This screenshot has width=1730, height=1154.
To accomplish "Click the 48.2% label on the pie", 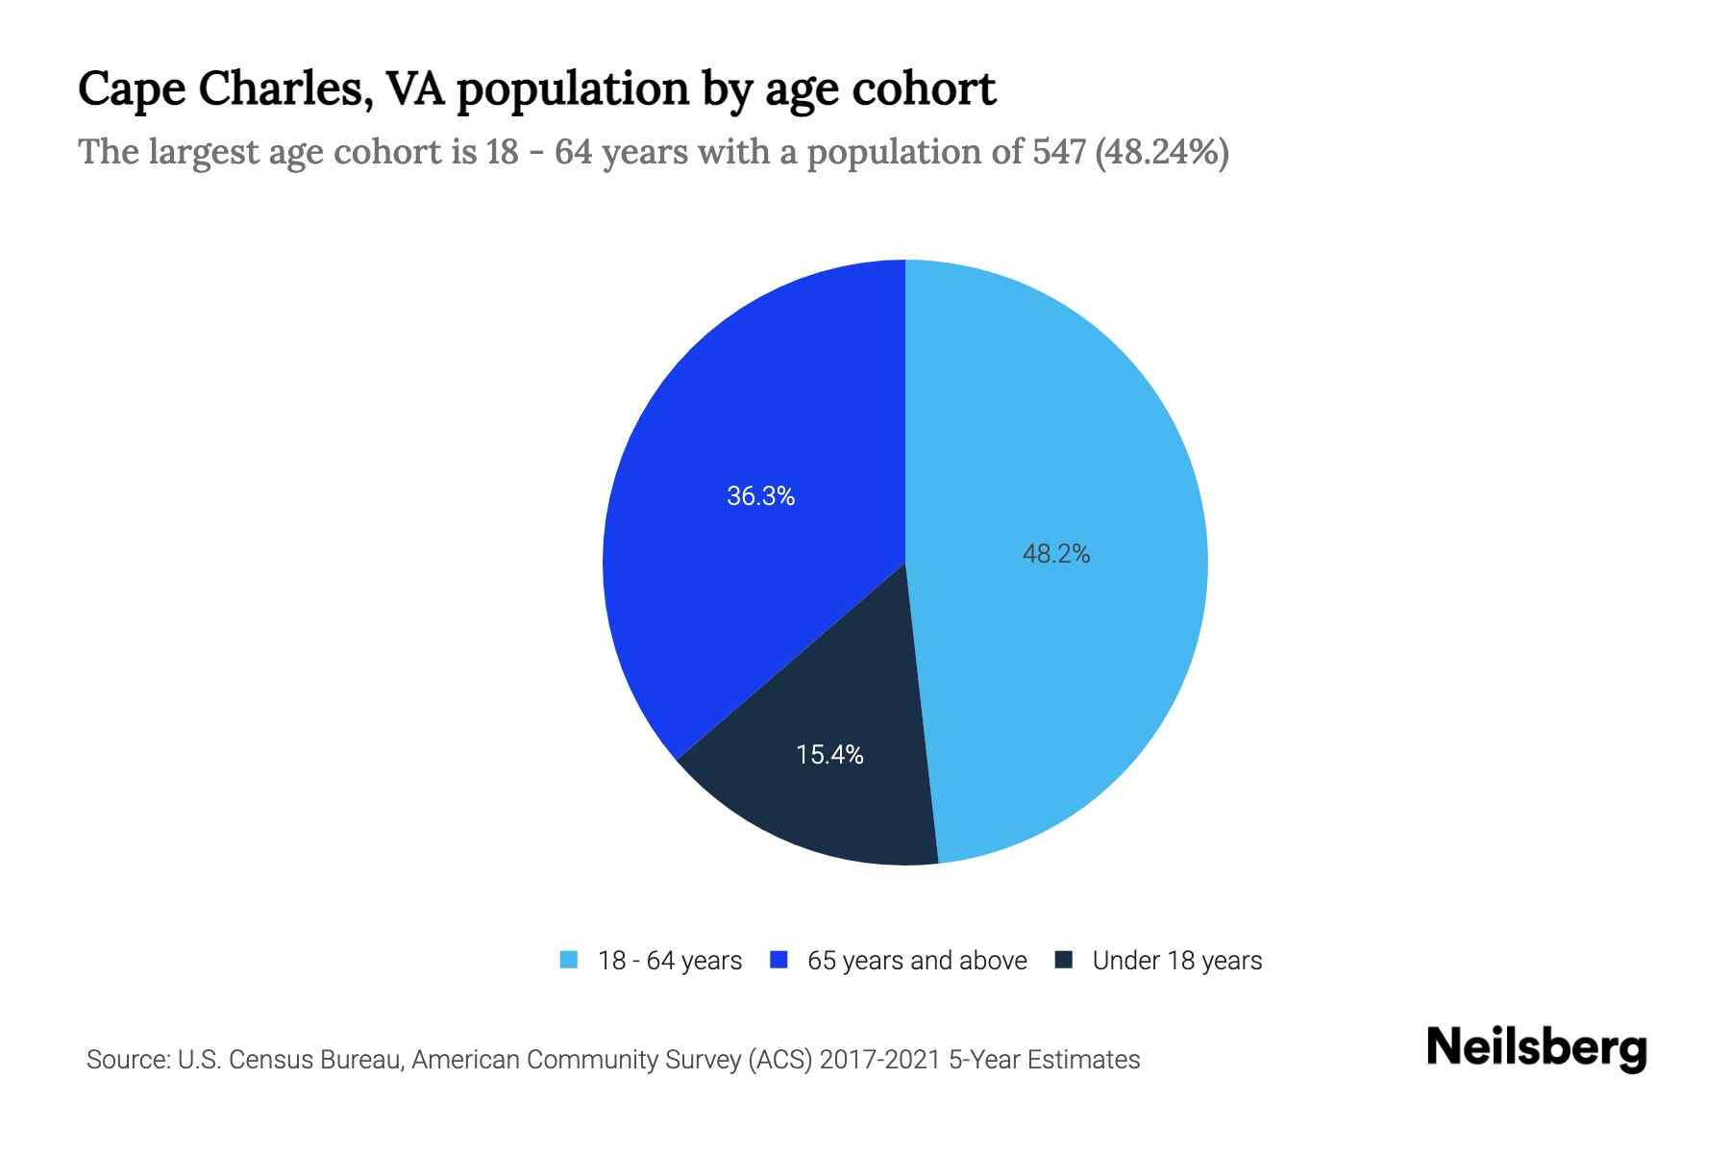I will (1055, 554).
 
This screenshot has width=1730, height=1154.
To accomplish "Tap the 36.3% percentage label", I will (760, 496).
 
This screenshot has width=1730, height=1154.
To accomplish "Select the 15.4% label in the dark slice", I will (829, 755).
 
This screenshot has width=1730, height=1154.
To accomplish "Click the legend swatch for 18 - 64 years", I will (569, 960).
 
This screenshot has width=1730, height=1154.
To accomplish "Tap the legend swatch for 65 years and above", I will (779, 960).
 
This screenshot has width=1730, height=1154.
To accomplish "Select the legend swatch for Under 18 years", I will (1064, 960).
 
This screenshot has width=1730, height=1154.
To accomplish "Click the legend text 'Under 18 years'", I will (1176, 961).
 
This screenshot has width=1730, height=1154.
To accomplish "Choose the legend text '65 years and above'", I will (917, 961).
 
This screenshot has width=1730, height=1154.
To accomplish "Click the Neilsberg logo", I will (1536, 1048).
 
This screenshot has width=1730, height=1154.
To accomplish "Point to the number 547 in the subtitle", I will (1060, 152).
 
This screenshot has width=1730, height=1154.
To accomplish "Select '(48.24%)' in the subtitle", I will (1162, 152).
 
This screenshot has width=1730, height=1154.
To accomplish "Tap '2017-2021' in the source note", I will (879, 1060).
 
